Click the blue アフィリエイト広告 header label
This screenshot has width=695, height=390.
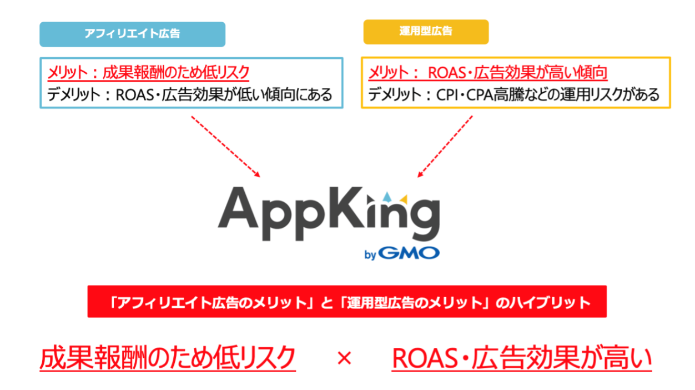132,34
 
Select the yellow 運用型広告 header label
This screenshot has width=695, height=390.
426,32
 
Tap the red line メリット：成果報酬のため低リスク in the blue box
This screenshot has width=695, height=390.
148,72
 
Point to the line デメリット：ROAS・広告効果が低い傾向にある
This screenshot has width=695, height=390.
189,94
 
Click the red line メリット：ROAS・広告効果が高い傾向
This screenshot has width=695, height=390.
488,72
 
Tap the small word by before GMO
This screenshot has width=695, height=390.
371,255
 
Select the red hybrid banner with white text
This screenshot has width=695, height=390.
347,302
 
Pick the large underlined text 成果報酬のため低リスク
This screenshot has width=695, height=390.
167,359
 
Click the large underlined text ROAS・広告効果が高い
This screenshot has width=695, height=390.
522,359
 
